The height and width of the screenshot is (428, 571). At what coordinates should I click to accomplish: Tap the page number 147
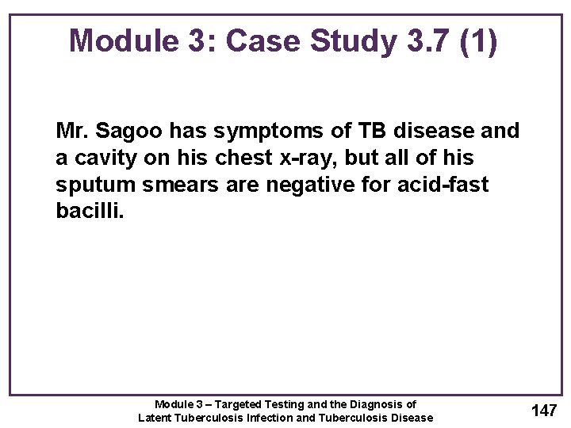tap(544, 410)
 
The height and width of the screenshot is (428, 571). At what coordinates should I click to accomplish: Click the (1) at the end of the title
tap(477, 40)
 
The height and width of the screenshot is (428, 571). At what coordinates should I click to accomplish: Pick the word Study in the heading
tap(351, 40)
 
